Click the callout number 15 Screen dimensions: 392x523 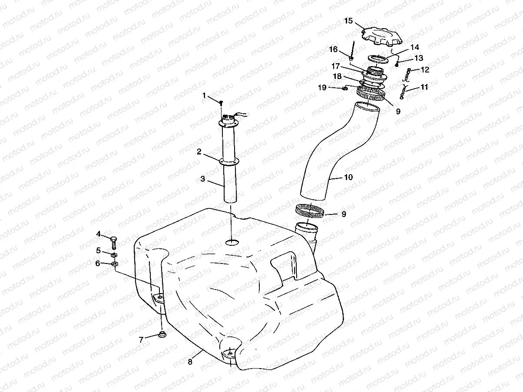click(348, 20)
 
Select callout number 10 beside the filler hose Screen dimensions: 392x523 click(348, 178)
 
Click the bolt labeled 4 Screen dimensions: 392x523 click(113, 239)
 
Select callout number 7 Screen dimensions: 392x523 click(141, 340)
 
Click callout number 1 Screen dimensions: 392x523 click(205, 95)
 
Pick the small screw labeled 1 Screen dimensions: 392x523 click(221, 102)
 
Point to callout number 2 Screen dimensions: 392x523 click(199, 152)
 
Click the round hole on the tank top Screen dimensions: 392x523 click(232, 241)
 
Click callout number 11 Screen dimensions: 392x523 click(424, 87)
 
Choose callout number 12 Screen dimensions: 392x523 click(424, 69)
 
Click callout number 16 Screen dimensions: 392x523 click(333, 49)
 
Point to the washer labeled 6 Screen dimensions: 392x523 click(114, 264)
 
